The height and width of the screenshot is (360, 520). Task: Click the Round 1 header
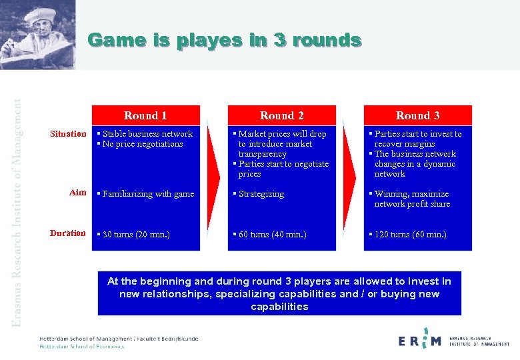point(145,115)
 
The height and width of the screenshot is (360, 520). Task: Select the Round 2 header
point(281,115)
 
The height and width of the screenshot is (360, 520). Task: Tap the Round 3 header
point(417,115)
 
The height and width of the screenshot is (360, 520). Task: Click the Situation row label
point(68,134)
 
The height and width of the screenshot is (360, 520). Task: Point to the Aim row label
point(77,193)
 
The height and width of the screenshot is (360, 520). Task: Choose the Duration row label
point(68,233)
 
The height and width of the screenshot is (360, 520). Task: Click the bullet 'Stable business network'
point(147,134)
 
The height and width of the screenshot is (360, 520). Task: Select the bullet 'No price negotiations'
point(142,144)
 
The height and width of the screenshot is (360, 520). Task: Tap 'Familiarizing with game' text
point(147,194)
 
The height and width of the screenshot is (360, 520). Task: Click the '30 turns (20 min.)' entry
point(135,234)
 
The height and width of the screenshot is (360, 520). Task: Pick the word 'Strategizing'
point(260,194)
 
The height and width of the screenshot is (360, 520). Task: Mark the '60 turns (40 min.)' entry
point(271,234)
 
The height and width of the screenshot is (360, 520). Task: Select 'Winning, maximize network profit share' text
point(411,199)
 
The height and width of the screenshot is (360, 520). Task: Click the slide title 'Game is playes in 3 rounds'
point(225,41)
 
